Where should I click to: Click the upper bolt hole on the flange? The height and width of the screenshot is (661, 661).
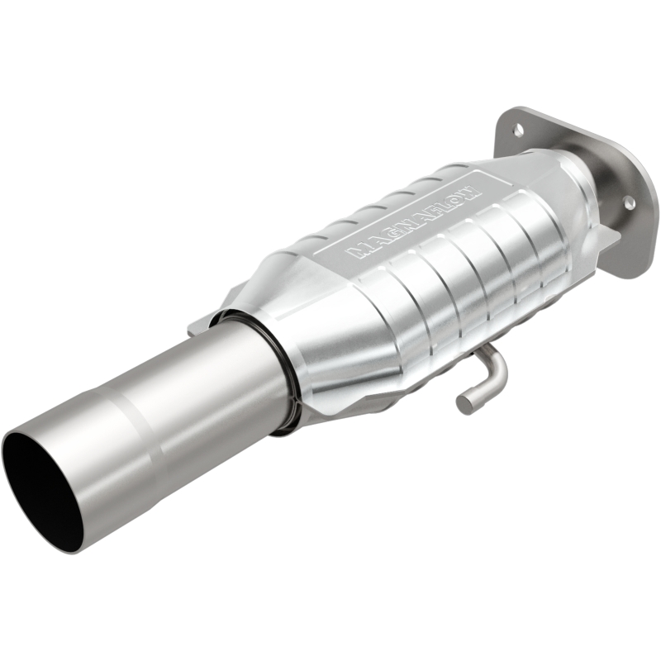tap(519, 129)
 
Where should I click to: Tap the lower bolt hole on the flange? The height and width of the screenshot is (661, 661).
tap(628, 202)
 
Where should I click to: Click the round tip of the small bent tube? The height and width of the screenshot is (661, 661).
tap(465, 403)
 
